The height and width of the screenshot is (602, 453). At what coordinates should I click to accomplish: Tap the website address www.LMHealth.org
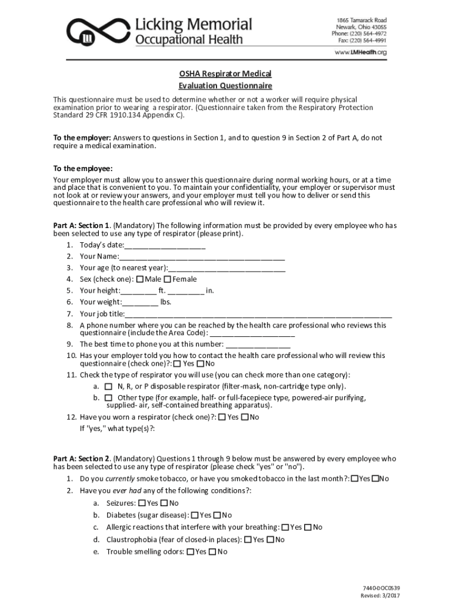point(361,52)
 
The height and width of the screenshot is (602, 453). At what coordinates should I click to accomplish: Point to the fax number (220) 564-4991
point(369,41)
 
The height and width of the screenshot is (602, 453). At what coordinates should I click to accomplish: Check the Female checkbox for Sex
point(167,279)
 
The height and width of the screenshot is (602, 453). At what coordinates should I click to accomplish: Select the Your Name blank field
point(202,257)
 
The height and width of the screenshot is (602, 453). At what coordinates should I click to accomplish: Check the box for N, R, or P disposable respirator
point(108,387)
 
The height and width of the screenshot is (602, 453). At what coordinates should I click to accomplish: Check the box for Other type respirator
point(108,398)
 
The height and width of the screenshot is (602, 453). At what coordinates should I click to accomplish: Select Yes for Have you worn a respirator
point(221,417)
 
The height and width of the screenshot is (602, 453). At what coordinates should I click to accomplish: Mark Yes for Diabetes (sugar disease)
point(195,516)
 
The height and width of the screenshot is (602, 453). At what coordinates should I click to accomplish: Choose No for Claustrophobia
point(270,540)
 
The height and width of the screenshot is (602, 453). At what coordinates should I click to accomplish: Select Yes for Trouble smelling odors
point(190,552)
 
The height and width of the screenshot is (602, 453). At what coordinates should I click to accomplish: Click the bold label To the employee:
point(82,169)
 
